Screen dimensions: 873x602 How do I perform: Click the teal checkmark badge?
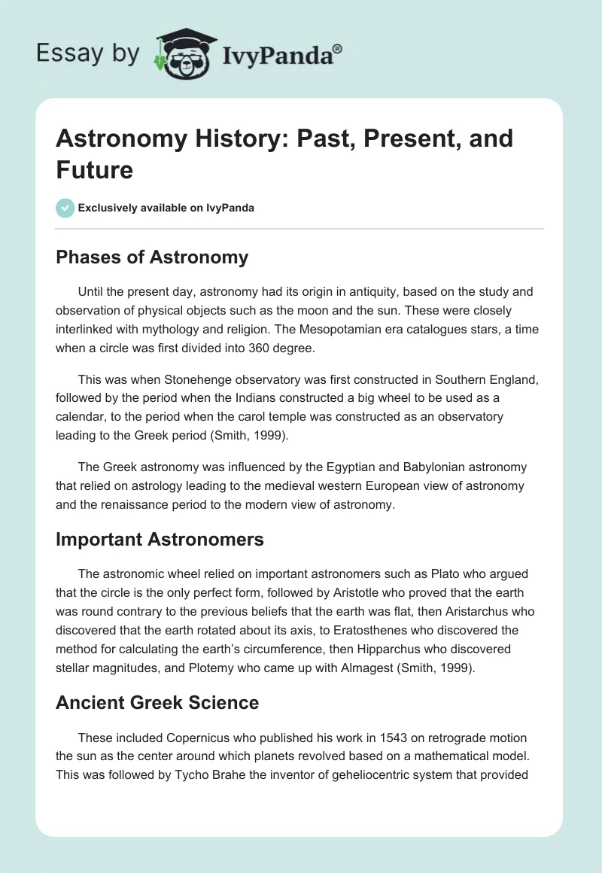click(65, 208)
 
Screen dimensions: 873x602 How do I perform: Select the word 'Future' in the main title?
click(94, 169)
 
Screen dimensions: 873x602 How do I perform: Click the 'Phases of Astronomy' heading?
click(152, 257)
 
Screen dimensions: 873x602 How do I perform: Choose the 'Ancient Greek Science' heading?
click(157, 702)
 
